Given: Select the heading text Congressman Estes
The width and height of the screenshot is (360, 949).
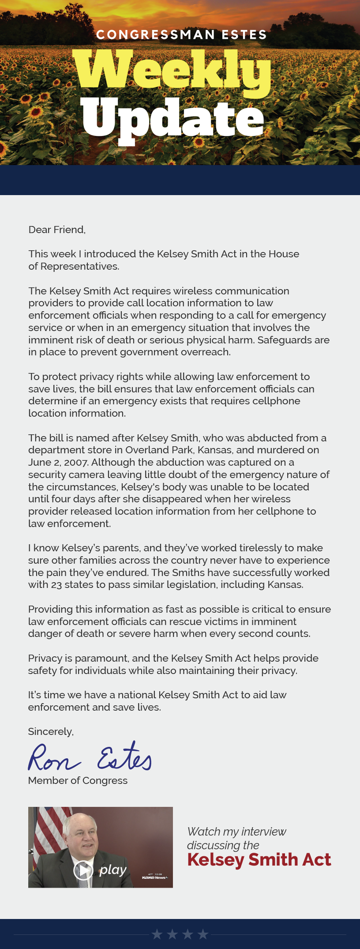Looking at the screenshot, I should click(181, 35).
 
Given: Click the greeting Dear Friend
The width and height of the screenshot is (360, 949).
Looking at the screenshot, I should click(56, 230).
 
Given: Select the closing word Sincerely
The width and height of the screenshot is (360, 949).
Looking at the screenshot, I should click(50, 731).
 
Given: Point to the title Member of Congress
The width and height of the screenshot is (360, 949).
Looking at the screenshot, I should click(78, 780).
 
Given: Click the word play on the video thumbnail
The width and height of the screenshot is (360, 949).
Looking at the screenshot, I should click(113, 870).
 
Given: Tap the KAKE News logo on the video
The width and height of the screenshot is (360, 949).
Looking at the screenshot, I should click(154, 877).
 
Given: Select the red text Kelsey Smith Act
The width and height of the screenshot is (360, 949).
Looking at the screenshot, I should click(259, 859).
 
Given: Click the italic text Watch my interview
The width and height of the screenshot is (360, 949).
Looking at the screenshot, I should click(236, 832).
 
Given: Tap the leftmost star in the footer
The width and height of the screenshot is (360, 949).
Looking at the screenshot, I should click(157, 934).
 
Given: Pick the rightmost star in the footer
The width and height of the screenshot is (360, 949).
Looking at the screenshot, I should click(203, 934).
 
